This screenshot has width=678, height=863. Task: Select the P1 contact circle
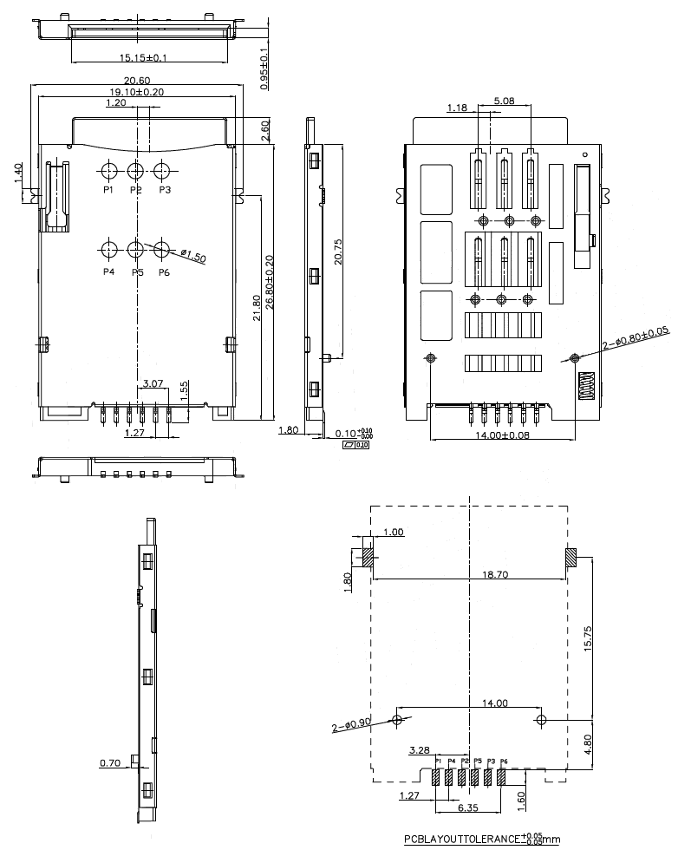click(x=109, y=171)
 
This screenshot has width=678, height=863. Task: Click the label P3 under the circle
click(x=165, y=189)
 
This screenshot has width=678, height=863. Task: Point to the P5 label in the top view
click(x=137, y=272)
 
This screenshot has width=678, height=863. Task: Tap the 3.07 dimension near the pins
click(x=153, y=382)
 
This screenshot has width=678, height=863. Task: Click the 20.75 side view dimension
click(x=339, y=252)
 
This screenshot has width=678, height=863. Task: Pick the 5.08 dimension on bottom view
click(x=504, y=101)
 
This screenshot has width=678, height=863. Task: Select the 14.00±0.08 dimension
click(x=503, y=435)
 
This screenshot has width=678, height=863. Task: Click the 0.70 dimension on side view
click(x=110, y=763)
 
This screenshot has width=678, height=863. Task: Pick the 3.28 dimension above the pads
click(x=419, y=749)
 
